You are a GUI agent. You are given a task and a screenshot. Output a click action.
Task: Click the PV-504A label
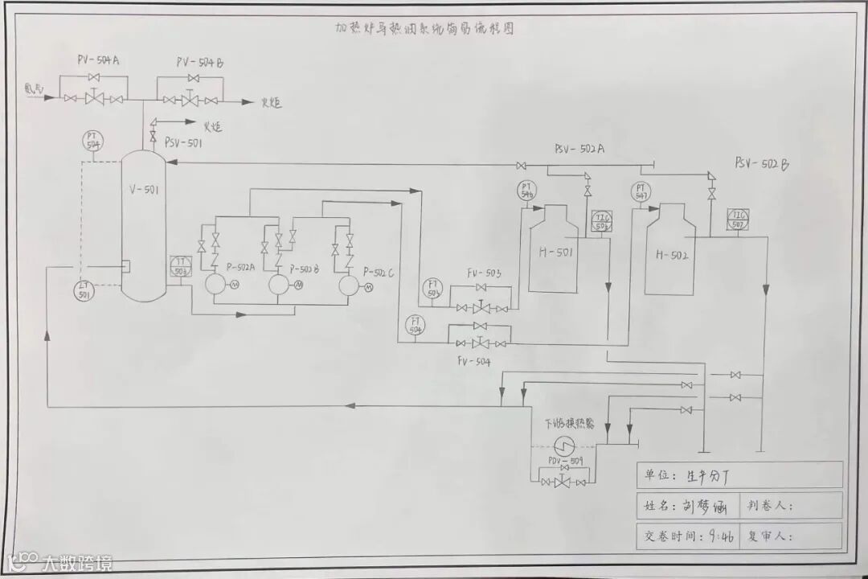(x=99, y=61)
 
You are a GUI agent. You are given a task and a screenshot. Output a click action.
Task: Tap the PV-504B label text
(x=200, y=62)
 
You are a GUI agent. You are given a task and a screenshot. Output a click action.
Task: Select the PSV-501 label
(x=183, y=143)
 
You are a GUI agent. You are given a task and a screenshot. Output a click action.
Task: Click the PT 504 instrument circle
(x=94, y=141)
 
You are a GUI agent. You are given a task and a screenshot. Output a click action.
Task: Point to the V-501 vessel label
(x=145, y=191)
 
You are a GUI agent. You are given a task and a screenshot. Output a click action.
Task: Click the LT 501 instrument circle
(x=84, y=290)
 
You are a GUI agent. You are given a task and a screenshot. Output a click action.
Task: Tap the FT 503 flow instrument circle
(x=433, y=289)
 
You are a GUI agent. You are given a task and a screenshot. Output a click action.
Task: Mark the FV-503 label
(x=484, y=274)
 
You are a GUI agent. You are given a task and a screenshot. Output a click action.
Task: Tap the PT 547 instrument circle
(x=640, y=192)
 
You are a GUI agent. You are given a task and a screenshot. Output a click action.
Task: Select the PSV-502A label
(x=579, y=150)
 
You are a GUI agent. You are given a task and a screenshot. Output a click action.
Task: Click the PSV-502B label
(x=761, y=163)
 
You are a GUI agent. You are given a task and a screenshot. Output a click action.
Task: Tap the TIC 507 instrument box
(x=738, y=219)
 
